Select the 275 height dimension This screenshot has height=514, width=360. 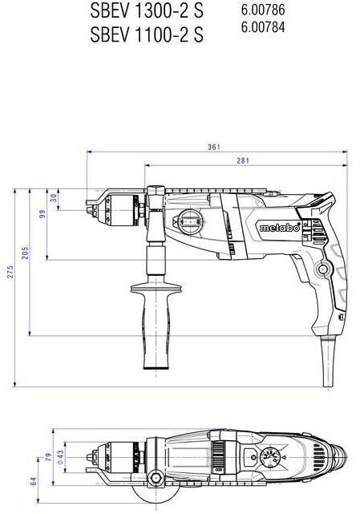pos(10,273)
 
